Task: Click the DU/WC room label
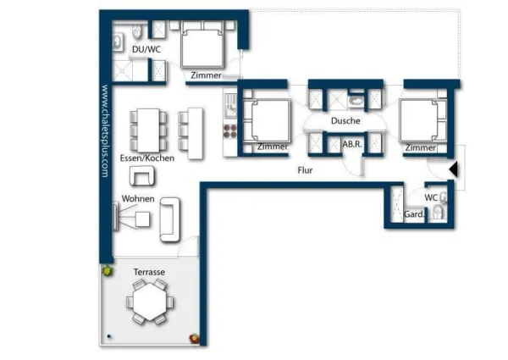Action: (146, 50)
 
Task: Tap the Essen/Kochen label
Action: (147, 158)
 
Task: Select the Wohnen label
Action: (138, 198)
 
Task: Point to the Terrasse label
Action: (149, 272)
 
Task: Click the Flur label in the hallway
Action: (305, 170)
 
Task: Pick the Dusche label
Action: (345, 121)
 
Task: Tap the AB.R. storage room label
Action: (352, 144)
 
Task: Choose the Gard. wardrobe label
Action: (414, 214)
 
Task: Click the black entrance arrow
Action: (454, 169)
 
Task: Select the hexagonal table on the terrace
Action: (150, 302)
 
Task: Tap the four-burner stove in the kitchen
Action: (230, 131)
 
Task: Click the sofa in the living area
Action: (170, 219)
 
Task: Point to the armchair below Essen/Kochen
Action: (142, 176)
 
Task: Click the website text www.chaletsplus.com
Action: (105, 131)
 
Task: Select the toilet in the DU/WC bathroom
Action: (137, 31)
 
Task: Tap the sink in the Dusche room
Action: (356, 101)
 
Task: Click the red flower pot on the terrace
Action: (194, 338)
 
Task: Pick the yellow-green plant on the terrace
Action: (107, 269)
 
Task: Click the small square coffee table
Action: (142, 219)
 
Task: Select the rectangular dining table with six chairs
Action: (148, 130)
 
